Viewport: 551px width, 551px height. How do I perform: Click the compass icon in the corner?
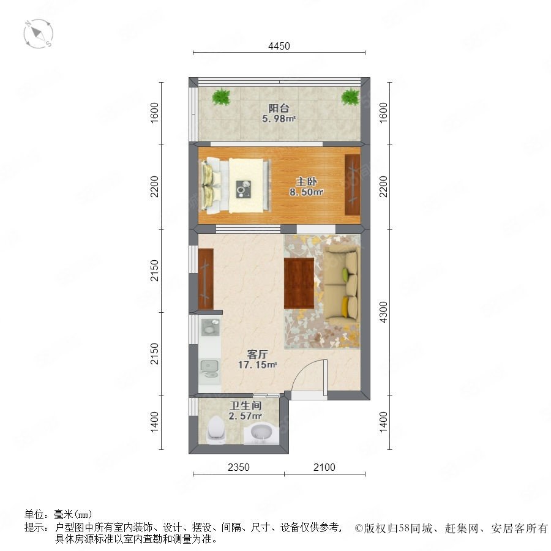(x=39, y=34)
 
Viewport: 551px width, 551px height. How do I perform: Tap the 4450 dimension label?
(x=279, y=46)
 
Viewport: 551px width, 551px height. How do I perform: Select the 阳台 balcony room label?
(x=279, y=108)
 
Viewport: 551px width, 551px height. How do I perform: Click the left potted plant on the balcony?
(x=221, y=96)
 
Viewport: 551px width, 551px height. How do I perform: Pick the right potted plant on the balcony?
(x=350, y=96)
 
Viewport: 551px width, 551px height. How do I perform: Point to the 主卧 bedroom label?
(x=307, y=181)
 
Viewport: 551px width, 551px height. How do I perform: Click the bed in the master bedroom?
(x=236, y=186)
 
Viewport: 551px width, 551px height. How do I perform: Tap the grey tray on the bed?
(x=243, y=189)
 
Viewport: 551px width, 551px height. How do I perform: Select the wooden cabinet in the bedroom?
(x=353, y=184)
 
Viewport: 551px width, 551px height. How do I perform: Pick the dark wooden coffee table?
(x=299, y=283)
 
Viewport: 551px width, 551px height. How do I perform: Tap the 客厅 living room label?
(x=257, y=354)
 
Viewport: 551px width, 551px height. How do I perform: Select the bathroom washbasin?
(x=261, y=434)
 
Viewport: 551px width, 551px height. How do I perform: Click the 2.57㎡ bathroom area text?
(x=246, y=416)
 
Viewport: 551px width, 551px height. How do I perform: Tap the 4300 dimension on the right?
(x=383, y=312)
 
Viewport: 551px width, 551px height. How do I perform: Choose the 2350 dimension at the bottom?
(x=239, y=467)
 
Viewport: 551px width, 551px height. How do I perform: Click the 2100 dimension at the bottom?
(x=324, y=467)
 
